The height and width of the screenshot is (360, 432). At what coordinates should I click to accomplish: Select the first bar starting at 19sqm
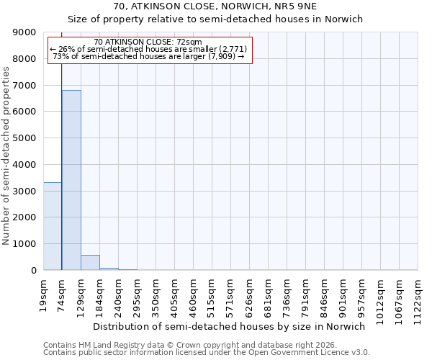point(53,226)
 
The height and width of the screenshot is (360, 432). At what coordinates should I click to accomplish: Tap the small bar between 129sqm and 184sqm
point(90,263)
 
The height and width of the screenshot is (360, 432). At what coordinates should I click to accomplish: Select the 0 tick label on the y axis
point(33,270)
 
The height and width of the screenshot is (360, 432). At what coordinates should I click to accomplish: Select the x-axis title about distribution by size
point(230,326)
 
